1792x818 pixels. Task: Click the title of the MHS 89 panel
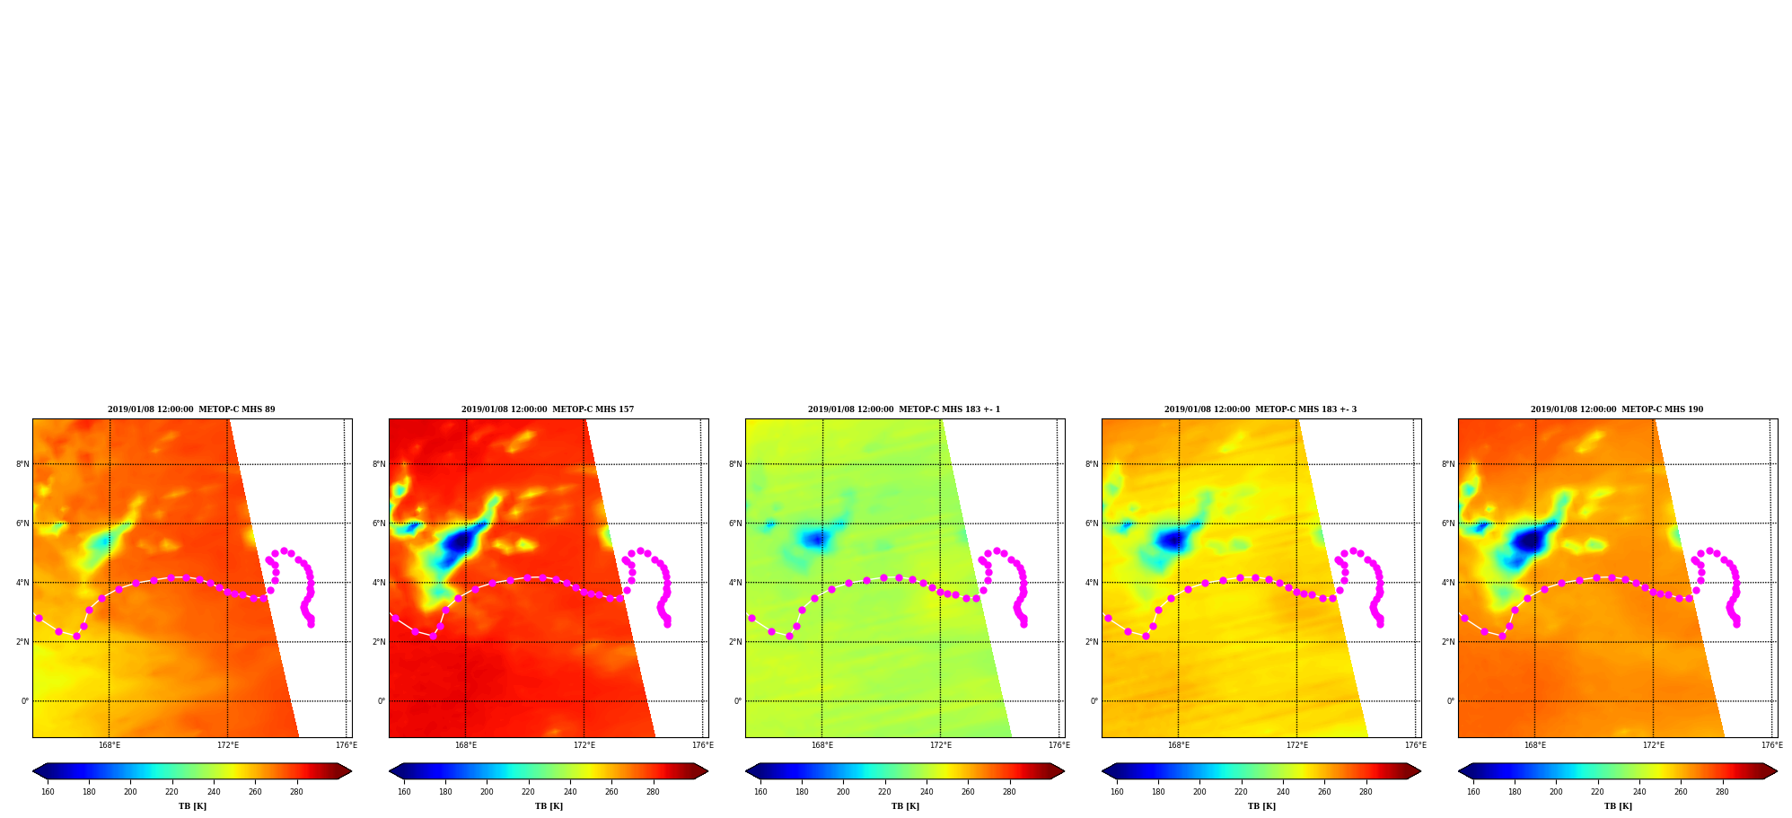(x=191, y=409)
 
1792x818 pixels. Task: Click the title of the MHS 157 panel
(x=548, y=409)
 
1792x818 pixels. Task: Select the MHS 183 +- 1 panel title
(x=904, y=409)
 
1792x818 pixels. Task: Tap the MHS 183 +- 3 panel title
(x=1261, y=409)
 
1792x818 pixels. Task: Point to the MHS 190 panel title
(x=1617, y=409)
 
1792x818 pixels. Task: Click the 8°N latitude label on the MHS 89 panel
(x=22, y=464)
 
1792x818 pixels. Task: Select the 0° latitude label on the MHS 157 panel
(x=382, y=701)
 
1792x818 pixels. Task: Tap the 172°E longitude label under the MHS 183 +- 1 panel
(x=940, y=745)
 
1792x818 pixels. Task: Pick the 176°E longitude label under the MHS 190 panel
(x=1771, y=745)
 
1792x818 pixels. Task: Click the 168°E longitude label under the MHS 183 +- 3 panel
(x=1178, y=745)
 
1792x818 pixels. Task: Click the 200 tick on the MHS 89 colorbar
(x=130, y=792)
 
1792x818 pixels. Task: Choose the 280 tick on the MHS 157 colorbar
(x=653, y=792)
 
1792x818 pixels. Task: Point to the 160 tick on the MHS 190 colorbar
(x=1473, y=792)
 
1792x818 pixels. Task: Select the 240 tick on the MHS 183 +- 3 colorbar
(x=1283, y=792)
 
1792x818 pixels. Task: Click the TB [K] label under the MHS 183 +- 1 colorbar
(x=905, y=806)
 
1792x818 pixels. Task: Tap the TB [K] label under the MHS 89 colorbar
(x=192, y=806)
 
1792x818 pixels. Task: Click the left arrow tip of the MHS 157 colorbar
(x=390, y=771)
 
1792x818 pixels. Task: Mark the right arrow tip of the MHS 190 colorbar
(x=1777, y=771)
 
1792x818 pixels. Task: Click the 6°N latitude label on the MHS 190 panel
(x=1448, y=523)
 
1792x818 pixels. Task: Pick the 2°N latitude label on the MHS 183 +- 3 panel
(x=1092, y=642)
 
